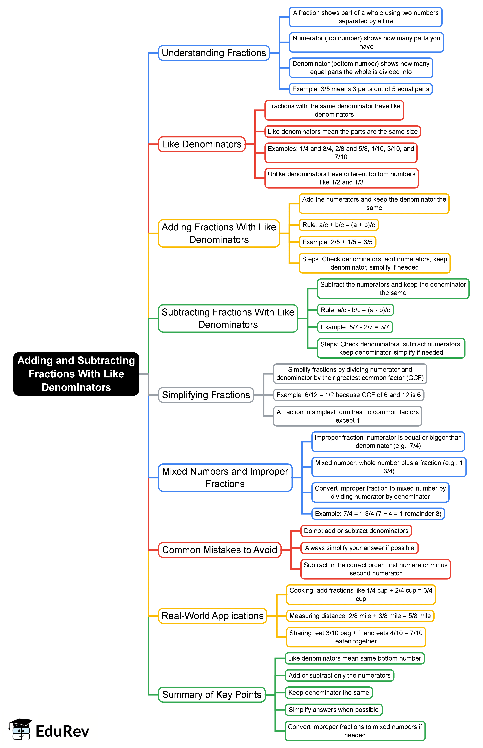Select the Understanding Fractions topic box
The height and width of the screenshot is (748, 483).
pyautogui.click(x=214, y=53)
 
